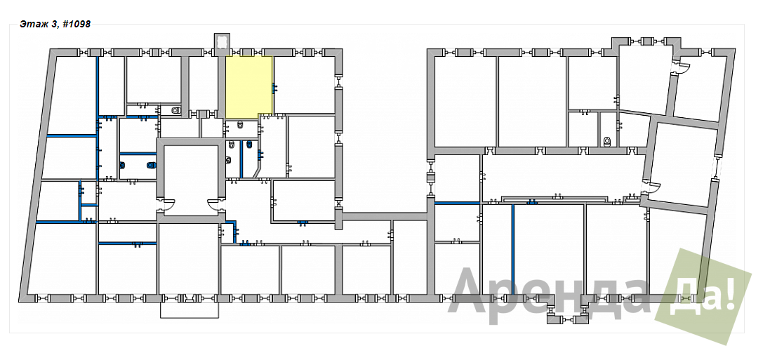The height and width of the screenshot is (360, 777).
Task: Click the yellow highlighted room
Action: click(248, 86)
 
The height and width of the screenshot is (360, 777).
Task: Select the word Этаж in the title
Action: click(31, 24)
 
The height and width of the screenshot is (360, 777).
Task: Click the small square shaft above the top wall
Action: click(222, 41)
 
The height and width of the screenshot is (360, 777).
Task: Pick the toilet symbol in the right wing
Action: click(608, 142)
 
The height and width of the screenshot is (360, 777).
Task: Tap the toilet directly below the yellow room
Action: click(240, 126)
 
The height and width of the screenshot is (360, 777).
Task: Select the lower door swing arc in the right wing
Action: click(652, 187)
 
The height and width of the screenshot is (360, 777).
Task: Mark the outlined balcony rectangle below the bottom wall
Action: click(190, 310)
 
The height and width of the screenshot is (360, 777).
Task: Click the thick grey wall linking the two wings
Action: click(385, 216)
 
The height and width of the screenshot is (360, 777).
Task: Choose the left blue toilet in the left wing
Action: click(122, 166)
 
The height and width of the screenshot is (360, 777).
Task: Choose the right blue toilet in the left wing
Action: click(151, 165)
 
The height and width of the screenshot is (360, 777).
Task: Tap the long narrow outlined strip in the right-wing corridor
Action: click(554, 199)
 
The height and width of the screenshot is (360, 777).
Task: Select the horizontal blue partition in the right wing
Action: click(457, 203)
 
